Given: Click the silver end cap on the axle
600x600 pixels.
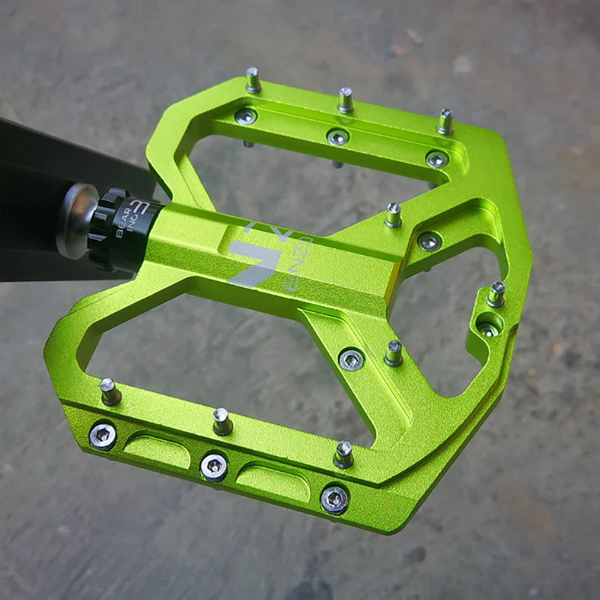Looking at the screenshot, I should click(75, 220).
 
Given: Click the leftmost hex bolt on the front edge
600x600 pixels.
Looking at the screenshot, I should click(103, 435).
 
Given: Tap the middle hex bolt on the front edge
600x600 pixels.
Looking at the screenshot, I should click(214, 466).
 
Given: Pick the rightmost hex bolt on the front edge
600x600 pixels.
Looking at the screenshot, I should click(334, 498).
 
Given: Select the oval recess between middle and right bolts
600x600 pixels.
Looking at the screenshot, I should click(274, 481).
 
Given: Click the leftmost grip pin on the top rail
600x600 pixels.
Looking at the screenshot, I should click(253, 79).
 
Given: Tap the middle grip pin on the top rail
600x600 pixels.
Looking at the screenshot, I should click(345, 99).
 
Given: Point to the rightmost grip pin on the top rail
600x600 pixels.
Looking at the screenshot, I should click(445, 121).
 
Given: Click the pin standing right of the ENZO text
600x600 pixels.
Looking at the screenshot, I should click(394, 215).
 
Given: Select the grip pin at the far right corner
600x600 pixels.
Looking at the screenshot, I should click(496, 293).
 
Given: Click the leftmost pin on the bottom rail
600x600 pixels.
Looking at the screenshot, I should click(110, 391).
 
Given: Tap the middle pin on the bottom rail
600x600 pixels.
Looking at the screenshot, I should click(222, 421).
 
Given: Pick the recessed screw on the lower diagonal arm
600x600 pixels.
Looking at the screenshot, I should click(351, 359).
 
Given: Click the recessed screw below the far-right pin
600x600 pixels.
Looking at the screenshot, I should click(487, 327).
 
